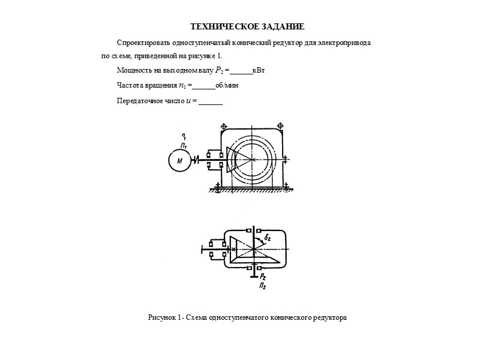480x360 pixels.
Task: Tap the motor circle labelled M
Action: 180,160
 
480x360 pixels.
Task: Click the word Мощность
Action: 133,71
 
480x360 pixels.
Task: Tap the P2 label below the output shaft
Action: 263,276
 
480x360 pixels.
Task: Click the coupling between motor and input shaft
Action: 197,160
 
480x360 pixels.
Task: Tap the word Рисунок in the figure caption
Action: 160,316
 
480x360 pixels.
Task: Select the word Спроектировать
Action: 144,44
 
